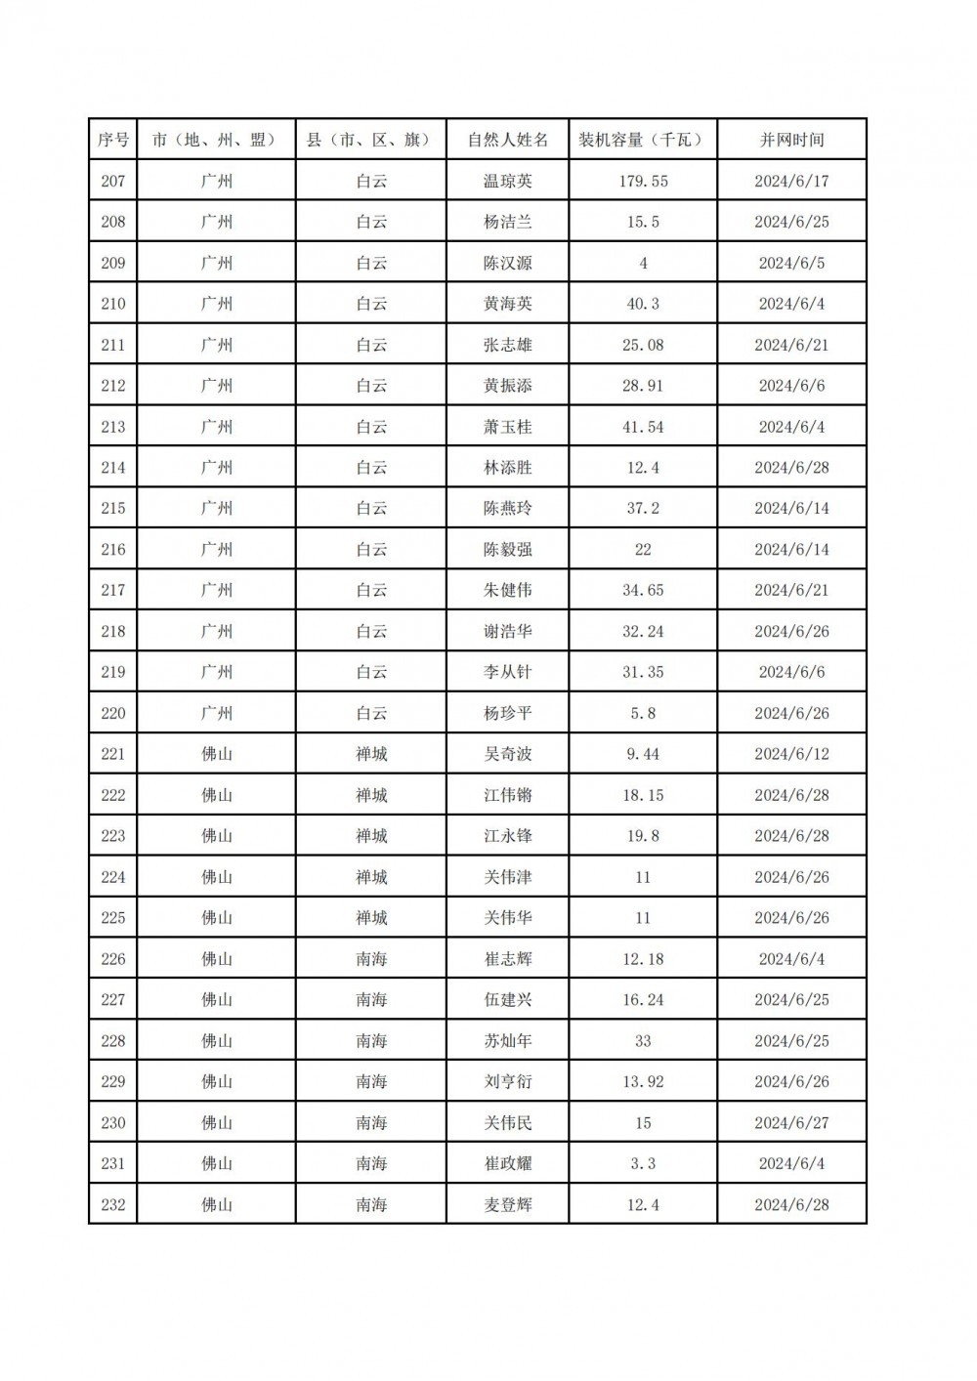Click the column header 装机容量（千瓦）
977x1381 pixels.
642,140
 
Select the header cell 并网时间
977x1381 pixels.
791,140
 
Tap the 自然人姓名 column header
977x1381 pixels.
507,140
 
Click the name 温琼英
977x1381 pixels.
507,181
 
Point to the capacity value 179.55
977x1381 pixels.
642,181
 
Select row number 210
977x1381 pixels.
113,304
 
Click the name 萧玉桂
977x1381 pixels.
507,427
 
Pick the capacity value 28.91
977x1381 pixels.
642,386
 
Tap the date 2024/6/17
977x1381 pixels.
791,181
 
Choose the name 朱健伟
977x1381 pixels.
507,590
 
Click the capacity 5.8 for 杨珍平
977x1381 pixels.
642,713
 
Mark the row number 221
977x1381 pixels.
113,754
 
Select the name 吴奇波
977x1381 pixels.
507,754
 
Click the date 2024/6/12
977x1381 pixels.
791,754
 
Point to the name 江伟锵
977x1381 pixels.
507,795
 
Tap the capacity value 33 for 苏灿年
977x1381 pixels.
642,1040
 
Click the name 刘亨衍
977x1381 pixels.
507,1081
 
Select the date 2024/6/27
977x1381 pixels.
791,1122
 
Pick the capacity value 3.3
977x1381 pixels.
642,1163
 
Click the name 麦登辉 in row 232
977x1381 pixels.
507,1204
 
